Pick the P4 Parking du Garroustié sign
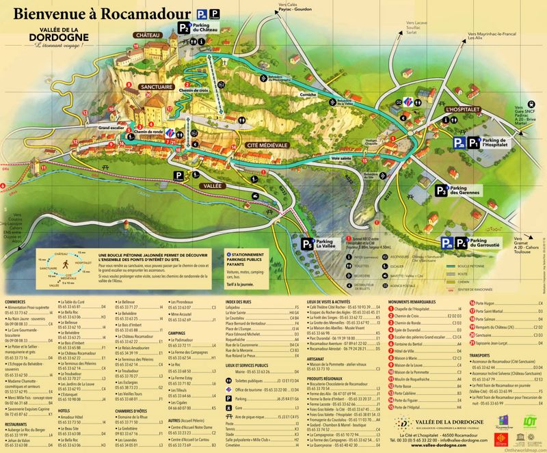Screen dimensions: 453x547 [471, 243]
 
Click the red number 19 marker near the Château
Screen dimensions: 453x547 [136, 46]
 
